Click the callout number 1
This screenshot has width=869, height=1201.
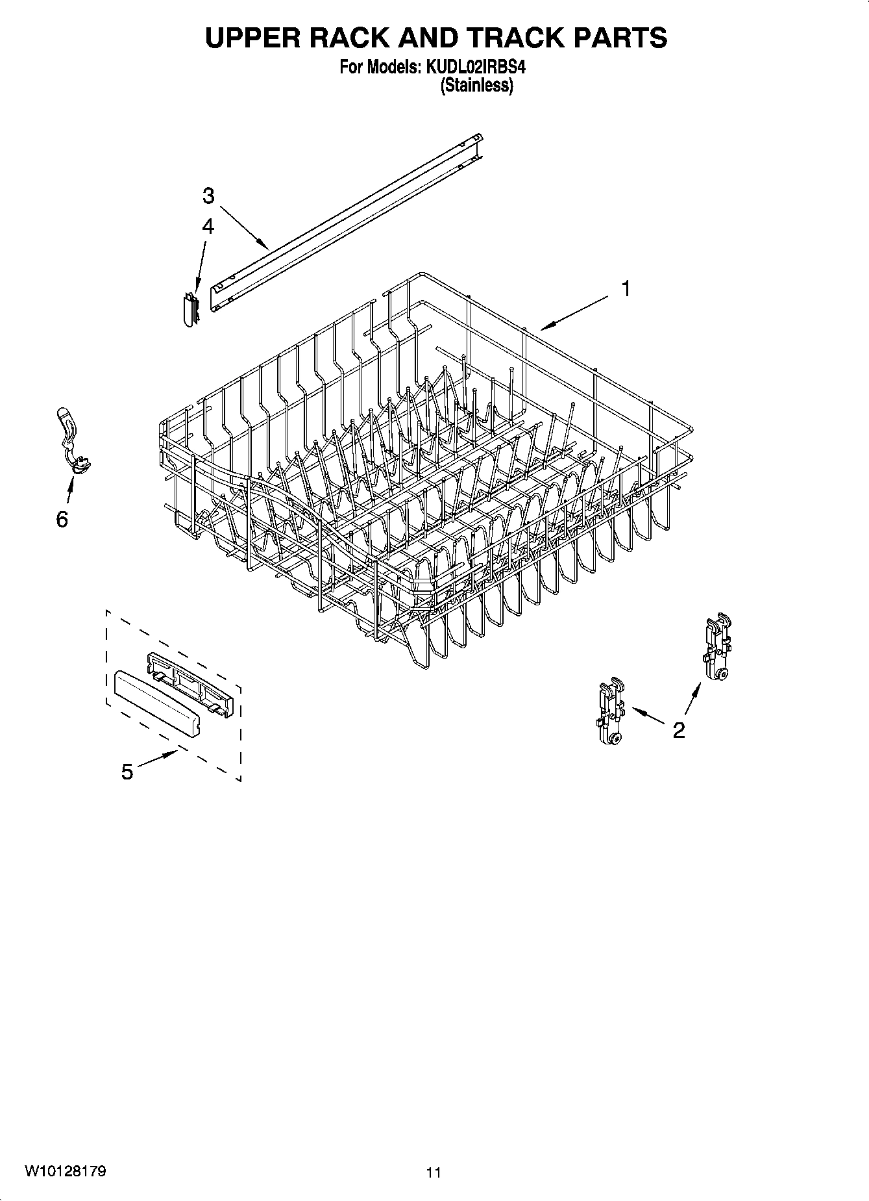(x=626, y=288)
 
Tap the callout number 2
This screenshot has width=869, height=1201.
(x=679, y=730)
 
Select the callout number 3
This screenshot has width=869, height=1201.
(x=208, y=196)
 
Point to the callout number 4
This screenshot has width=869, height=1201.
(x=208, y=226)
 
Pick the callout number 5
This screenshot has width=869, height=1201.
(x=127, y=772)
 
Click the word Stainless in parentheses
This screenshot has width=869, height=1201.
(x=477, y=85)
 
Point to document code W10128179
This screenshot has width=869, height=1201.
(x=65, y=1171)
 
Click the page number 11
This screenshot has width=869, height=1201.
(x=434, y=1172)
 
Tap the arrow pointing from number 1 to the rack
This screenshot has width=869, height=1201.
(x=574, y=311)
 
